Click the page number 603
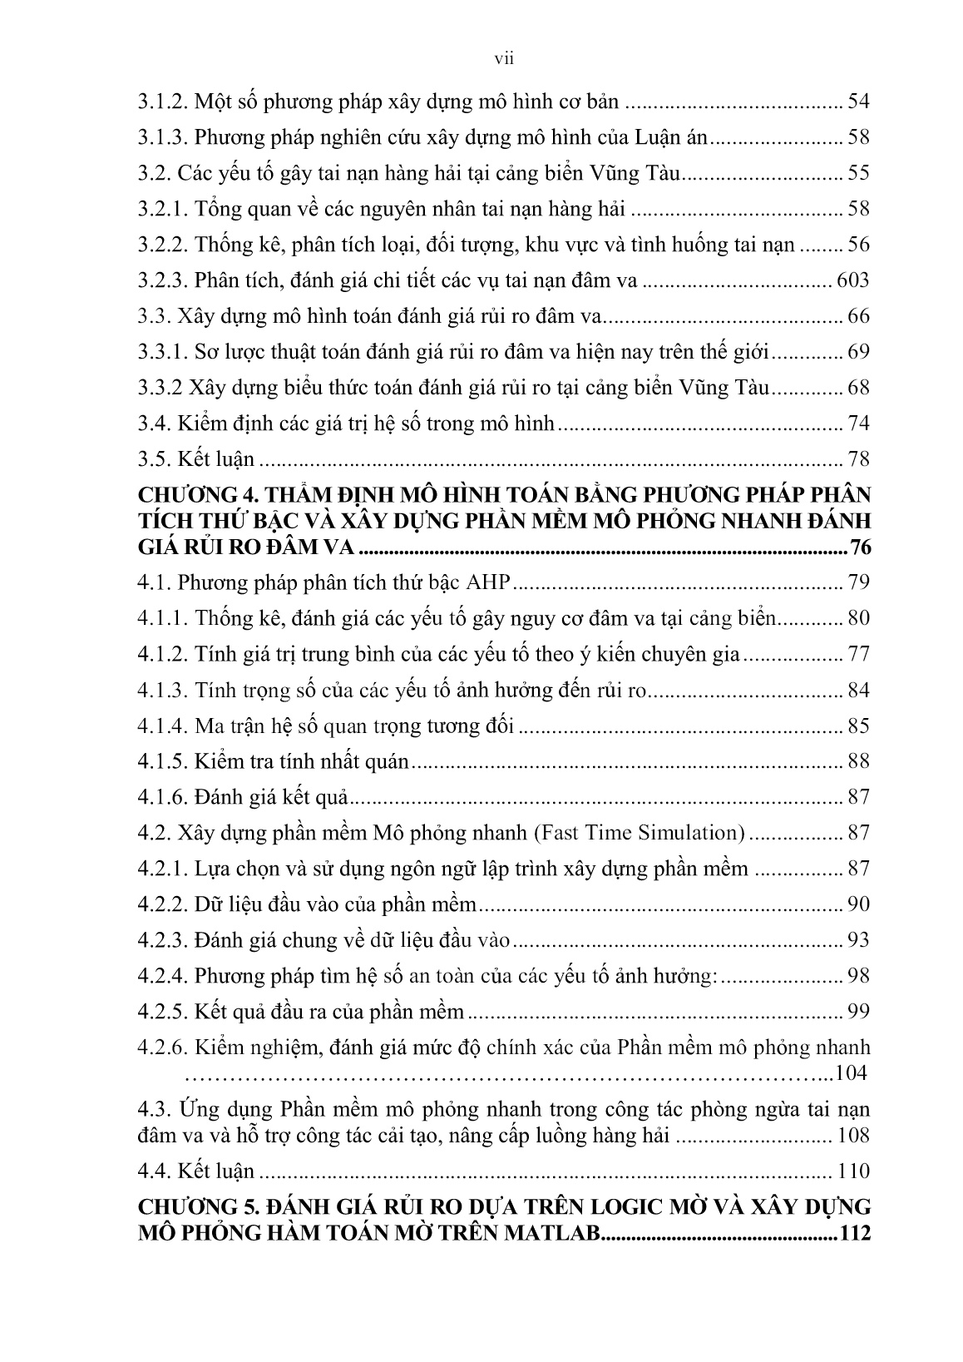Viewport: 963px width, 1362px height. pyautogui.click(x=851, y=280)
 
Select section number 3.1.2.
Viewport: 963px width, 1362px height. pyautogui.click(x=162, y=102)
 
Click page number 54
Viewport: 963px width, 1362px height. pyautogui.click(x=857, y=102)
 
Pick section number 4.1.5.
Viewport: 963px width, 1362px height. pyautogui.click(x=162, y=761)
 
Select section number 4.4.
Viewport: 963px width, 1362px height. pyautogui.click(x=154, y=1171)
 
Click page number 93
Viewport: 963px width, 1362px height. pyautogui.click(x=857, y=940)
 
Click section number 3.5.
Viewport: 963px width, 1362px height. pyautogui.click(x=154, y=459)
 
